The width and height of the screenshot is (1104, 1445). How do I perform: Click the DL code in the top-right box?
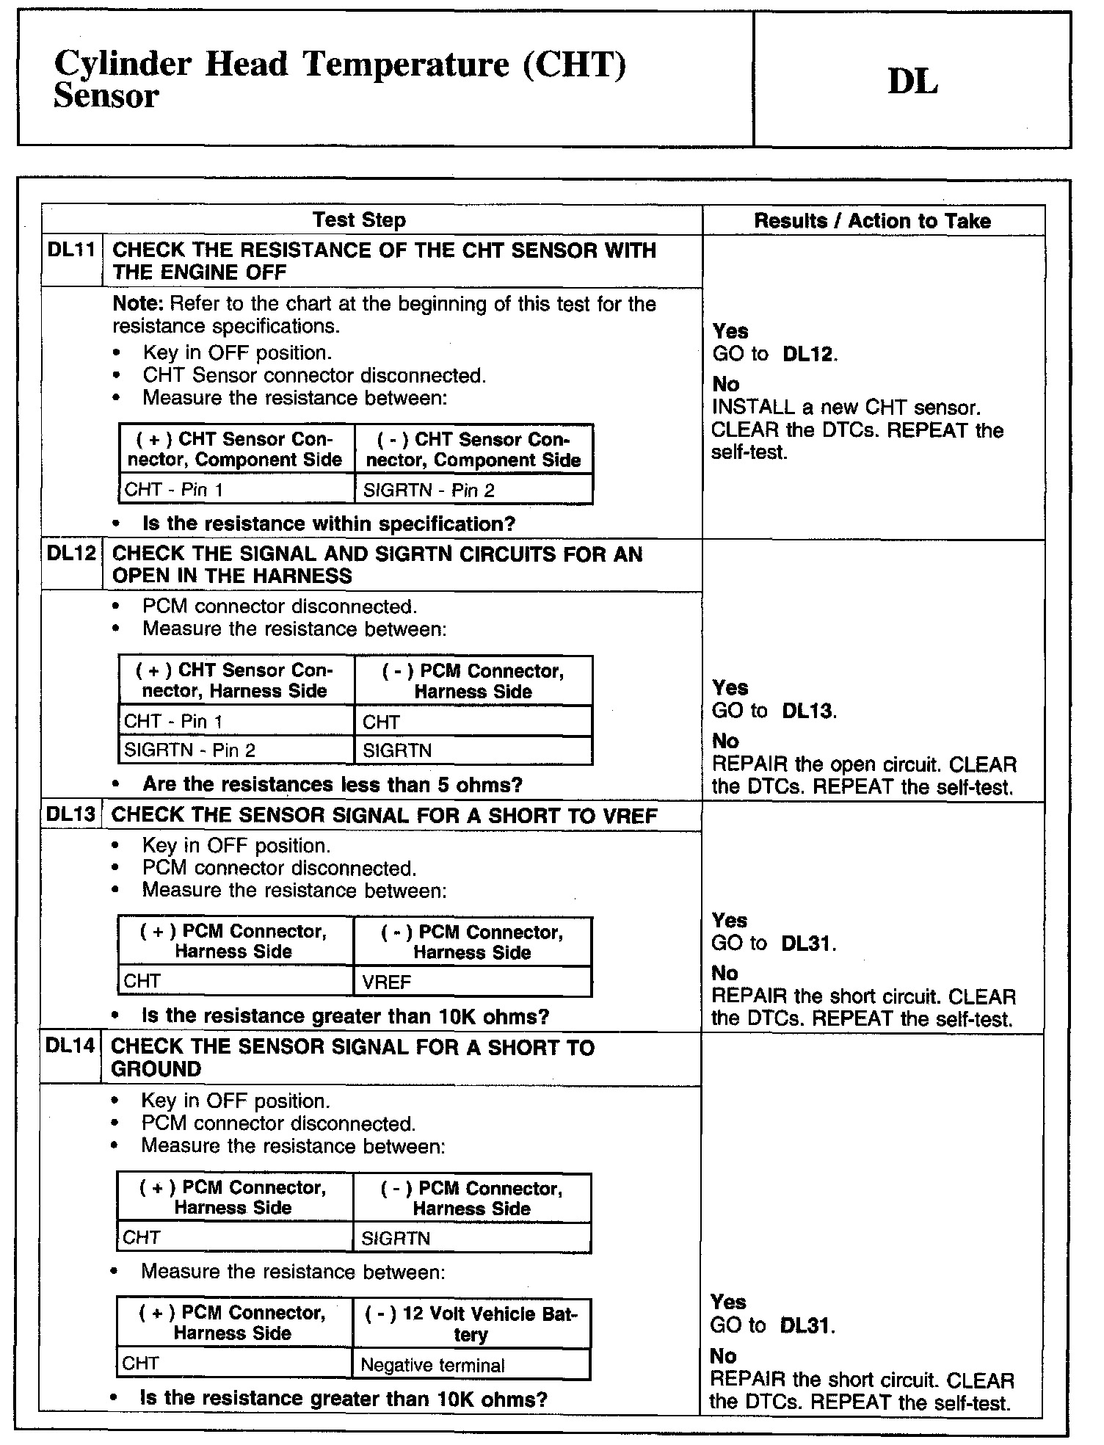(x=912, y=81)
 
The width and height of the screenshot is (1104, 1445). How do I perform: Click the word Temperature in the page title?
(x=406, y=64)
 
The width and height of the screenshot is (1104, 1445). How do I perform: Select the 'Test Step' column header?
(x=359, y=220)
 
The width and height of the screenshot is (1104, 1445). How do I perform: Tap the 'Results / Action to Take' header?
(x=872, y=221)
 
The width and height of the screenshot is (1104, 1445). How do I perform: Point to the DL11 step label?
(x=71, y=250)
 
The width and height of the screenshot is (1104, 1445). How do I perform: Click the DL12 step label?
(x=71, y=553)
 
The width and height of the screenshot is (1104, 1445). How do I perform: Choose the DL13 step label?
(x=70, y=814)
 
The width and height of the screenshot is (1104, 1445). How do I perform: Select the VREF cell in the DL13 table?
(x=387, y=982)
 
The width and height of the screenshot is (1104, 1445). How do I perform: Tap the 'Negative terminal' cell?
(x=433, y=1365)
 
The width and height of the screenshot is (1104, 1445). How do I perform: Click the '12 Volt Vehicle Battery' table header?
(x=471, y=1324)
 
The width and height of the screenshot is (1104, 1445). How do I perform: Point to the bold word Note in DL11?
(x=138, y=304)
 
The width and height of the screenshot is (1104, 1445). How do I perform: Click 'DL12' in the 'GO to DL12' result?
(x=808, y=354)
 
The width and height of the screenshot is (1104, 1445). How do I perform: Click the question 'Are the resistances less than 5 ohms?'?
(x=332, y=784)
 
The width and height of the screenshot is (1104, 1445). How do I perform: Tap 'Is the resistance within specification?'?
(x=329, y=524)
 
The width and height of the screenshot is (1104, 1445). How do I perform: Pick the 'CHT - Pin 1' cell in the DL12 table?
(x=173, y=721)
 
